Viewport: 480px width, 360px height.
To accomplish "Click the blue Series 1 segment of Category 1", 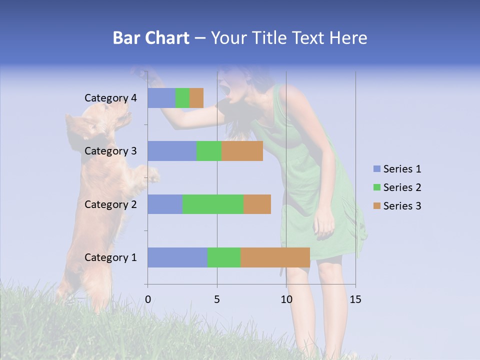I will point(177,257).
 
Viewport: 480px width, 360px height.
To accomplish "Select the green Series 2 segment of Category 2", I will point(213,204).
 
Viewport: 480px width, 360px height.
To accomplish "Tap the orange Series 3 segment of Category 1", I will point(275,257).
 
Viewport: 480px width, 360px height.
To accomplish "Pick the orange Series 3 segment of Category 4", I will point(196,98).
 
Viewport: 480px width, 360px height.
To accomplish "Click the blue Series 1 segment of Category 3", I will point(171,151).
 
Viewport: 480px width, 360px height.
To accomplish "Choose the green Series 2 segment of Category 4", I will point(182,98).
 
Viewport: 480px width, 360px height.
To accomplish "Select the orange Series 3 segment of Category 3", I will point(242,151).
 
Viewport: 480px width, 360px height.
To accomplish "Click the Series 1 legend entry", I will point(397,169).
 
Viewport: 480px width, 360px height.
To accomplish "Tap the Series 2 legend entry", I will point(397,187).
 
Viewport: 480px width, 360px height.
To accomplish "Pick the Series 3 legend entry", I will point(397,206).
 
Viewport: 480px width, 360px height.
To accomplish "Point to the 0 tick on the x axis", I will point(148,299).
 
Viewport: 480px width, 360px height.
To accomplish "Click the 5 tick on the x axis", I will point(217,299).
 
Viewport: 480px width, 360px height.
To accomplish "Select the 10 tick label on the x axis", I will point(286,299).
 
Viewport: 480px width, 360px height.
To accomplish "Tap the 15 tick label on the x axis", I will point(355,299).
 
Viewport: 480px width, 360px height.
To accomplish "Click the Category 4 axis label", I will point(110,98).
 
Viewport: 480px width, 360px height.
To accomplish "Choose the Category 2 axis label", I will point(110,204).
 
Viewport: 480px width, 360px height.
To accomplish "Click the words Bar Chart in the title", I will point(151,38).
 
